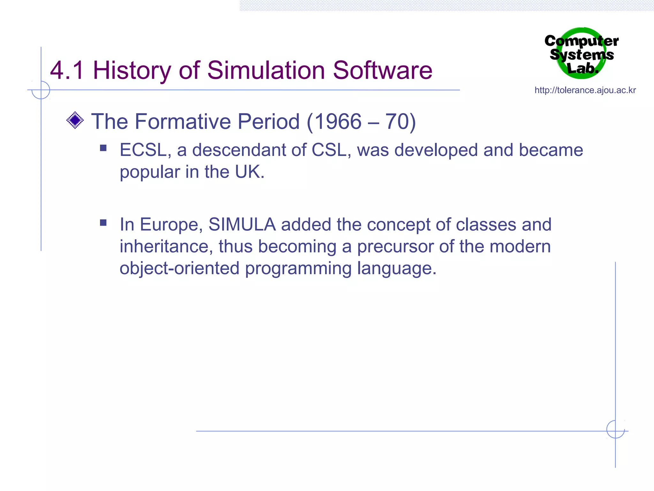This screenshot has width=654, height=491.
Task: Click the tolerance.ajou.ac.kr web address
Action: pos(585,90)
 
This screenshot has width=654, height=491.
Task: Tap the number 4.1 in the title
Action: pos(67,70)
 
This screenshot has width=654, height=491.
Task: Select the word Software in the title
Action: pos(383,70)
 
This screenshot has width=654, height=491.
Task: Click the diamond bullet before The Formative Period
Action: pos(75,121)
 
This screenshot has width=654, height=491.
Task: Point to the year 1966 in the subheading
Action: pos(338,121)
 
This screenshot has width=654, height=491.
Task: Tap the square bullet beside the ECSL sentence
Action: pos(103,148)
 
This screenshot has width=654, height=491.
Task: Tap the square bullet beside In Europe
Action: pos(103,222)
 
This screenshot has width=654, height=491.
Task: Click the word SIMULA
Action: pos(242,224)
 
